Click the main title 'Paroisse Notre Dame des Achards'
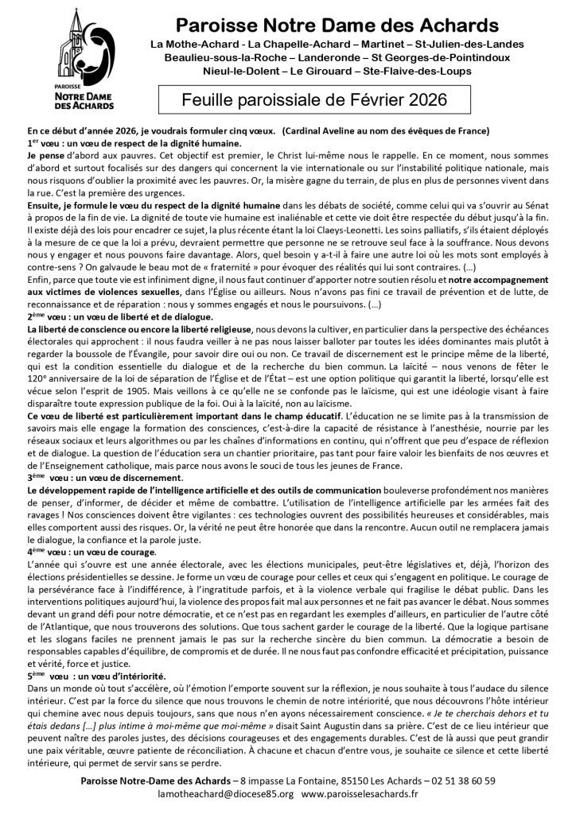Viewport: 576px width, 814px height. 337,25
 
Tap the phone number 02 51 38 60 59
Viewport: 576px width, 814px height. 452,780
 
